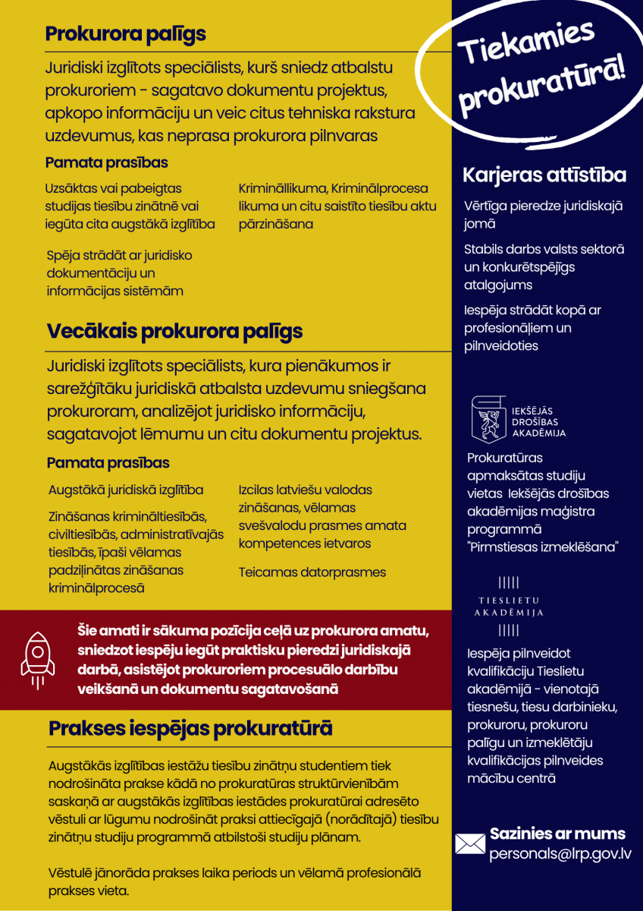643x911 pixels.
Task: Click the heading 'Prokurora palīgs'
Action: coord(126,34)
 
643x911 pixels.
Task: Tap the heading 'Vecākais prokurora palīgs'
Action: coord(174,332)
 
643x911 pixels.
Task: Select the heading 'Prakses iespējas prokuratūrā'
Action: coord(190,729)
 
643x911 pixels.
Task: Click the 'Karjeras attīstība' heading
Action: coord(544,175)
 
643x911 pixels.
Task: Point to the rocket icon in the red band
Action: coord(37,658)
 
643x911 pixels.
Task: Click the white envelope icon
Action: coord(469,843)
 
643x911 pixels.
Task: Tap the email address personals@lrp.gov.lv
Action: coord(560,853)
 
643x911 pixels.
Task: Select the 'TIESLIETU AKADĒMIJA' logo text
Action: coord(509,607)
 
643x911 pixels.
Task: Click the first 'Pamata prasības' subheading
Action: coord(107,162)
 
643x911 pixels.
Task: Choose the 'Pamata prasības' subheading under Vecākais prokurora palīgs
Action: coord(108,462)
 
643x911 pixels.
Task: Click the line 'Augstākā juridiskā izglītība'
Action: coord(126,490)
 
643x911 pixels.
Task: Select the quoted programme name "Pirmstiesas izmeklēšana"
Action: coord(543,547)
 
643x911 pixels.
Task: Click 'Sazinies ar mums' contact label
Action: coord(557,834)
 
